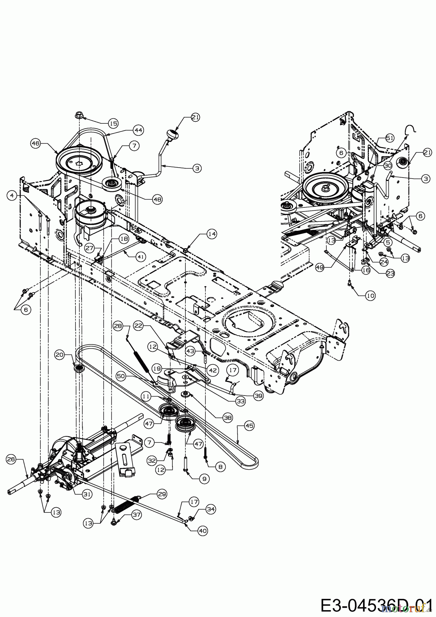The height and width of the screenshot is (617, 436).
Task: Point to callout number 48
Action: click(157, 199)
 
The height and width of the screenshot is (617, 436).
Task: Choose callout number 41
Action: click(140, 256)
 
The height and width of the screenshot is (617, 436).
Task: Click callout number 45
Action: click(249, 426)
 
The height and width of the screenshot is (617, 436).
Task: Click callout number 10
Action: click(370, 295)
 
